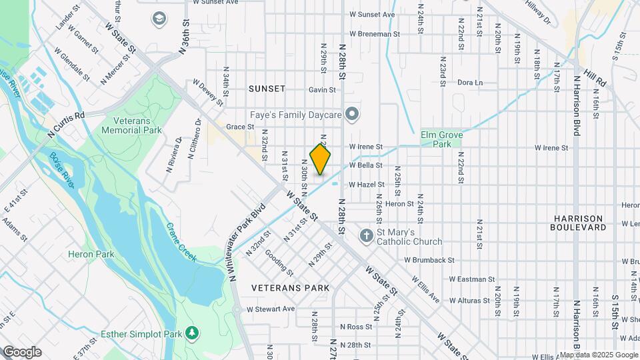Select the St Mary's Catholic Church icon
tap(366, 236)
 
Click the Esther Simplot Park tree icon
tap(192, 332)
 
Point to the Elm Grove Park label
tap(441, 139)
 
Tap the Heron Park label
tap(91, 254)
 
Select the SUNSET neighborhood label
tap(267, 89)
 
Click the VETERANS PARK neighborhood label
tap(290, 288)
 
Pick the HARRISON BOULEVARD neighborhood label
tap(578, 223)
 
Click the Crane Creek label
tap(181, 242)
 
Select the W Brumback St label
tap(429, 260)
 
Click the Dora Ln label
tap(469, 83)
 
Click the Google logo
tap(21, 351)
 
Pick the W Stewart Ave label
tap(270, 309)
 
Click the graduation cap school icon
tap(159, 18)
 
